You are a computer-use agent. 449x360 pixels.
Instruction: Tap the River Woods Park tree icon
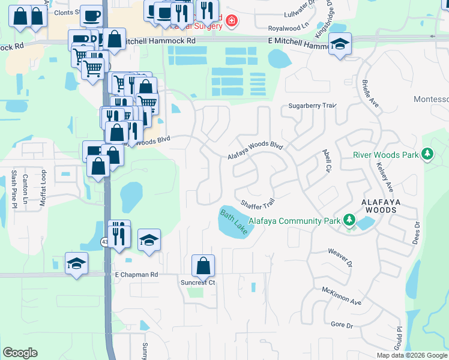pos(427,155)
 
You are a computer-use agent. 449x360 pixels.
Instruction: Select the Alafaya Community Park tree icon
pos(349,221)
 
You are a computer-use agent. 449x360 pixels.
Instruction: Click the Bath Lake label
pos(233,222)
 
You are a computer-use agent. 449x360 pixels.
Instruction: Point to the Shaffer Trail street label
pos(258,204)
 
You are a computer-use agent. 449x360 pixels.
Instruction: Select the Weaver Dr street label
pos(339,257)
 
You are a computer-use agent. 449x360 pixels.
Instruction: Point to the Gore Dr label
pos(342,325)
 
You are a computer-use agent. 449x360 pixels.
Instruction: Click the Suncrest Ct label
pos(197,282)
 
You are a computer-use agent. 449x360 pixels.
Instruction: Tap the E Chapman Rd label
pos(136,274)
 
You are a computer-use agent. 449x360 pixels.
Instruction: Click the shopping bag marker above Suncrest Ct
pos(203,265)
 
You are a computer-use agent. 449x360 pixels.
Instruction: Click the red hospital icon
pos(231,23)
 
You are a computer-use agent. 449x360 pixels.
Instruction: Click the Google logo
pos(20,353)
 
